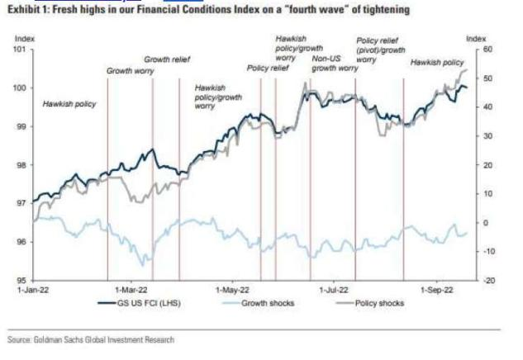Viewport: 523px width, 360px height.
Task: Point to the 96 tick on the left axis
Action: [21, 242]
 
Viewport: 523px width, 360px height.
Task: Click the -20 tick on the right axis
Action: [489, 281]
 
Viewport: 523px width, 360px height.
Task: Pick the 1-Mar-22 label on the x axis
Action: [130, 291]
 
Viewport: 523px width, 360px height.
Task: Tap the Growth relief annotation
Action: [168, 60]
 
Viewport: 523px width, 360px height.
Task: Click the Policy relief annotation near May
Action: [268, 68]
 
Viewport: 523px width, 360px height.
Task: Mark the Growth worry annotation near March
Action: [130, 72]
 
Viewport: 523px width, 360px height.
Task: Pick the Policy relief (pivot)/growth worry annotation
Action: [380, 50]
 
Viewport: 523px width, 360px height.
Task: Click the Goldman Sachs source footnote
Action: [91, 338]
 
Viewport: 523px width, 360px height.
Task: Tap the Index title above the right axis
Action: [476, 38]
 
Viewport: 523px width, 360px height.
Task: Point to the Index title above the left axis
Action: [25, 38]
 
